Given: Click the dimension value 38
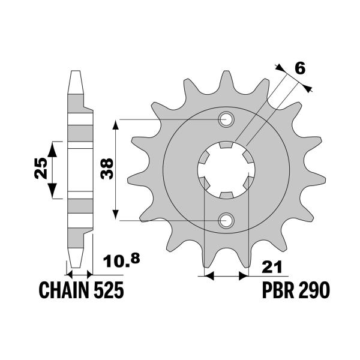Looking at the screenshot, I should click(106, 169).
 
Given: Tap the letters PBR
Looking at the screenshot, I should click(278, 291).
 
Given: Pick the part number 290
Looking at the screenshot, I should click(314, 291).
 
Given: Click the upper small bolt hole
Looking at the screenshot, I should click(226, 119).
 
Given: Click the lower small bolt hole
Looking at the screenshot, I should click(226, 221).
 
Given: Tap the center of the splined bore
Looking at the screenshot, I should click(226, 170).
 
